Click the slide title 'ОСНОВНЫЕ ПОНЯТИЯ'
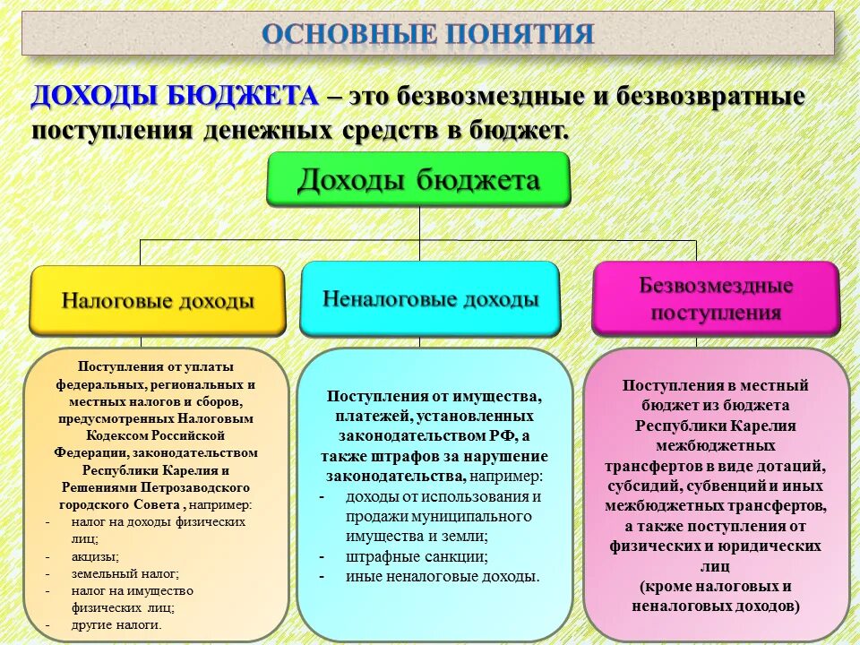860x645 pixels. pyautogui.click(x=428, y=34)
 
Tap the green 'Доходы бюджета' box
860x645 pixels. pyautogui.click(x=418, y=181)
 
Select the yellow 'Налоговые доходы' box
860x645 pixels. pyautogui.click(x=158, y=300)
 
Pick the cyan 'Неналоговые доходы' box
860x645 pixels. pyautogui.click(x=430, y=299)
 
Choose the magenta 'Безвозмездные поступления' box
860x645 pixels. pyautogui.click(x=716, y=299)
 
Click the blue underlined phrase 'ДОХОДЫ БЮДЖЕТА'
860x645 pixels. pyautogui.click(x=175, y=97)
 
